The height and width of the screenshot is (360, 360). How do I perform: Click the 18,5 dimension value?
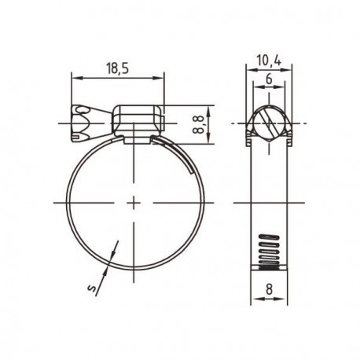(x=118, y=69)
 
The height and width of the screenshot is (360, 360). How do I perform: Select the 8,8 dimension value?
(x=199, y=124)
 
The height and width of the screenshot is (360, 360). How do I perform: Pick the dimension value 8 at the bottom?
(x=269, y=288)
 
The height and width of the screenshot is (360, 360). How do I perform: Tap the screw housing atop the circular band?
(x=137, y=122)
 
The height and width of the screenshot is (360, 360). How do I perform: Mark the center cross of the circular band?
(x=136, y=202)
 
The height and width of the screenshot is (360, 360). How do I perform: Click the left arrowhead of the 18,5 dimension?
(x=75, y=77)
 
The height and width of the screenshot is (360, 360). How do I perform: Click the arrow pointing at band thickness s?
(x=112, y=255)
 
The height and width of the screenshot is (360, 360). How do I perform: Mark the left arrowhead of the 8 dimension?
(x=255, y=299)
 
